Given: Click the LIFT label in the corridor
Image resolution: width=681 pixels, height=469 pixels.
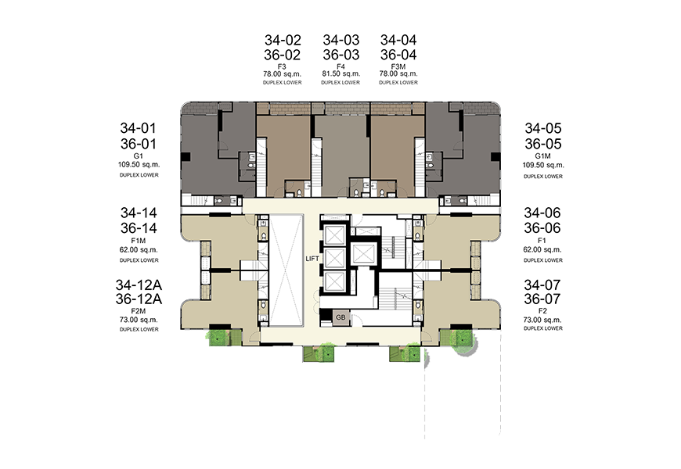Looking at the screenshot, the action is tap(312, 259).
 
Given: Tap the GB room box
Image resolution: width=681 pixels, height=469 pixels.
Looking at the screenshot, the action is tap(341, 317).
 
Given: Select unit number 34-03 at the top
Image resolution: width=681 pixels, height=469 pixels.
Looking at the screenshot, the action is tap(341, 40).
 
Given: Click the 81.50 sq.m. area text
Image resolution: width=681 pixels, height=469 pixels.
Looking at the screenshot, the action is tap(341, 73).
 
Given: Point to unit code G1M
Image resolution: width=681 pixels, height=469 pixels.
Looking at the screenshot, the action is tap(543, 156).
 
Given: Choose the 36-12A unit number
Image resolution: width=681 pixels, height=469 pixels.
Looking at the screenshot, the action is tap(139, 299).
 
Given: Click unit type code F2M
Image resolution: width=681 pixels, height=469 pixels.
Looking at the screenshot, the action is tap(139, 311).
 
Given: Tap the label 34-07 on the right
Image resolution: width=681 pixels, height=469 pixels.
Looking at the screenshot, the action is tap(542, 285).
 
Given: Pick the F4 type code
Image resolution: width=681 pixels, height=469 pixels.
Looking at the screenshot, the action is tap(341, 66).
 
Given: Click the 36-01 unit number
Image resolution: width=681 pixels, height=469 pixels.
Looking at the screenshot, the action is tap(138, 144).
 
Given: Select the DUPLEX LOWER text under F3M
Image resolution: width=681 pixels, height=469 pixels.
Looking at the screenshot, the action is tap(398, 82).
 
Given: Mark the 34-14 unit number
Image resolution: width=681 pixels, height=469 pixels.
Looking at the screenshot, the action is tap(139, 213).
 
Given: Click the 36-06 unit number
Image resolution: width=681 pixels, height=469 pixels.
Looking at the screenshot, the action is tap(542, 227).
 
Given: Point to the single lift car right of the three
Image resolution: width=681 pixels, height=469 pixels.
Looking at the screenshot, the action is tap(364, 253).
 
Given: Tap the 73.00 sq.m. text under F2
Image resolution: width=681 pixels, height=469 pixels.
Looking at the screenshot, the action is tap(542, 320).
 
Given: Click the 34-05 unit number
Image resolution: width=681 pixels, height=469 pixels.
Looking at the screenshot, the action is tap(543, 128).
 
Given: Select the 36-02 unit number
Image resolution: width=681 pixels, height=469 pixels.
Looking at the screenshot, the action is tap(283, 55).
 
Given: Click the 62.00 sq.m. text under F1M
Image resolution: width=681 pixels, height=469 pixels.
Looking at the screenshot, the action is tap(139, 250).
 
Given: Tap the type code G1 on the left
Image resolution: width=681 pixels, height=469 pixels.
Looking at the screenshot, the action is tap(138, 156).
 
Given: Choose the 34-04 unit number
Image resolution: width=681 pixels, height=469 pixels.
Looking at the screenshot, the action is tap(398, 40).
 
